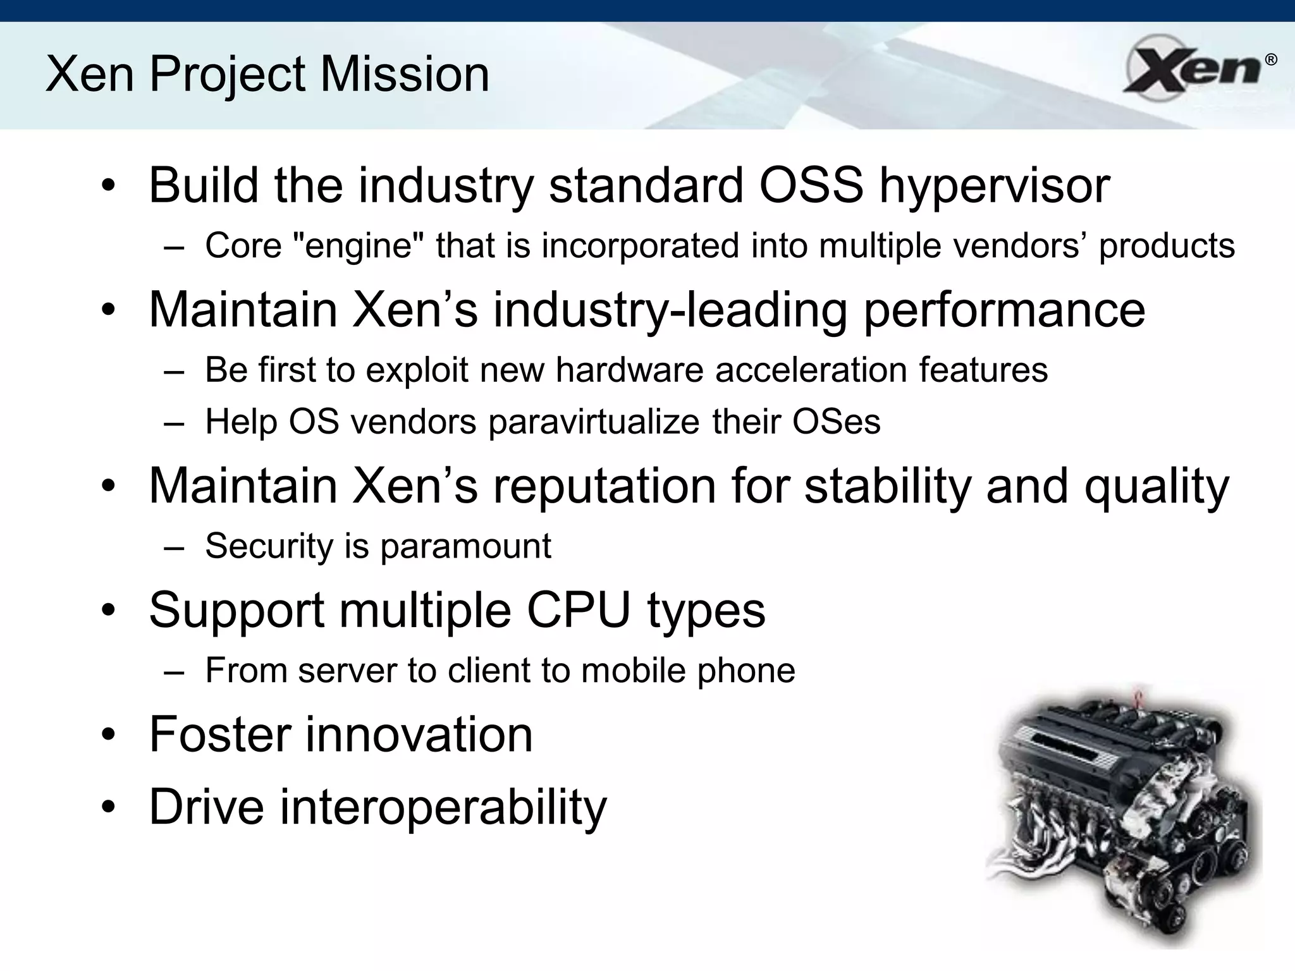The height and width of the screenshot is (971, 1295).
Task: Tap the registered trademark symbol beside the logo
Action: coord(1270,60)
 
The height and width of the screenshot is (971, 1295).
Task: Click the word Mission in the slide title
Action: coord(405,75)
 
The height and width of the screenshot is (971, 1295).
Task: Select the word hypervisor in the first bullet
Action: coord(994,186)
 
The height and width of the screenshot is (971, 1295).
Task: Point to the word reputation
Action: coord(604,487)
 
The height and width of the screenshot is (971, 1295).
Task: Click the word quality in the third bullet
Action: coord(1157,487)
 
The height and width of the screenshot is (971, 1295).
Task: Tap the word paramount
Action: coord(465,546)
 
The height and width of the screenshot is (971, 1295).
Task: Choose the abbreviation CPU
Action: coord(579,611)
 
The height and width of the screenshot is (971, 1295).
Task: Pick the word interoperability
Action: coord(443,807)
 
